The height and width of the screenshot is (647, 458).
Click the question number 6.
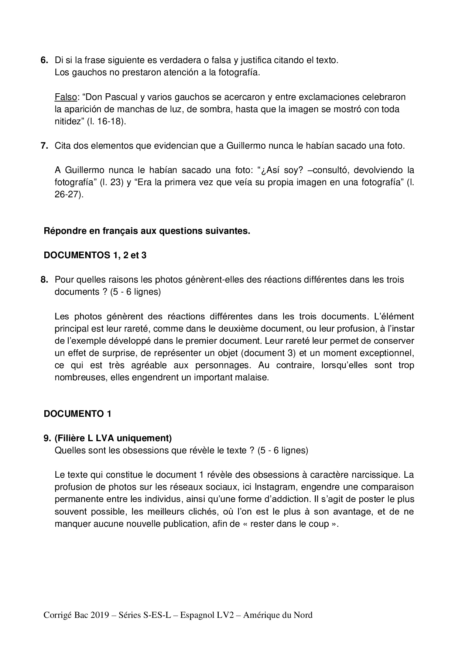point(44,60)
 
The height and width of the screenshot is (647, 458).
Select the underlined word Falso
point(65,97)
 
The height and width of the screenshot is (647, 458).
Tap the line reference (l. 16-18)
point(106,121)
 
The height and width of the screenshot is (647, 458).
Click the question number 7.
point(44,146)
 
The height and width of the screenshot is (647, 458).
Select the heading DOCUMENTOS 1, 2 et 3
point(95,255)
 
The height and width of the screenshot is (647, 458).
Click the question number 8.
point(44,280)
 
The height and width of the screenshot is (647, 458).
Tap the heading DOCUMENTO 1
point(77,414)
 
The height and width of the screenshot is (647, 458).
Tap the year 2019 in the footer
point(100,615)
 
